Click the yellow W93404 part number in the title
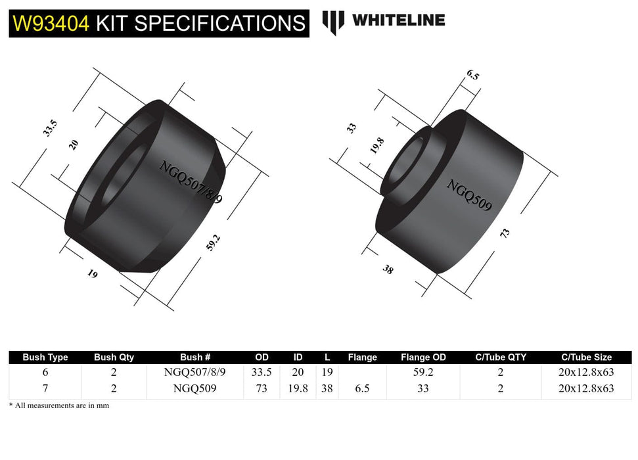tap(51, 24)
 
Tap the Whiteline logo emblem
tap(333, 22)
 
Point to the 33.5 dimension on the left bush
tap(50, 127)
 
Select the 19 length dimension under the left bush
tap(92, 274)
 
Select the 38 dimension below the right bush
tap(387, 269)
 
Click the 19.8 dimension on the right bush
tap(376, 146)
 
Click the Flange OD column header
tap(422, 357)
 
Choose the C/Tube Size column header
tap(586, 357)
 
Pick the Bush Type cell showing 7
tap(45, 388)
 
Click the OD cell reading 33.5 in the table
tap(262, 373)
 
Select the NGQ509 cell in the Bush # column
tap(194, 388)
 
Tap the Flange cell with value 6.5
tap(361, 388)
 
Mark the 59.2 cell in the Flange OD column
tap(422, 373)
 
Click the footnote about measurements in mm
tap(59, 405)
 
